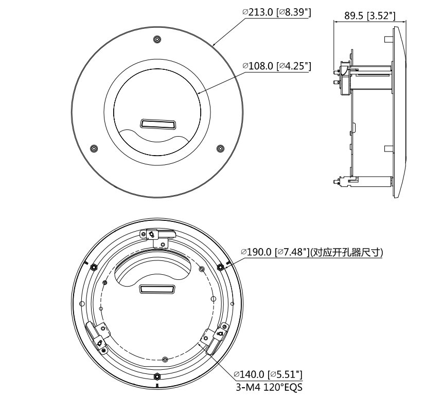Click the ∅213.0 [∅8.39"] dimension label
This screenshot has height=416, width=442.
point(277,13)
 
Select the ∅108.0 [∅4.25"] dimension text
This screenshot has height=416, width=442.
point(277,66)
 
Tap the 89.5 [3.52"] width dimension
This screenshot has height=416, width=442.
point(369,16)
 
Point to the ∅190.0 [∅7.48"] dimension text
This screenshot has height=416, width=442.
point(275,252)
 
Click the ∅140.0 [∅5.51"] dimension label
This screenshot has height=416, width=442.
point(269,374)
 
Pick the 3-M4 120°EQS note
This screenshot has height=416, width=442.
point(269,387)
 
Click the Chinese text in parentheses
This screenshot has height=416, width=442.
point(346,252)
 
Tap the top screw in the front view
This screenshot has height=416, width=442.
point(157,40)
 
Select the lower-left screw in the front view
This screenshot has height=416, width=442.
point(94,148)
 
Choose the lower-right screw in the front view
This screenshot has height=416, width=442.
point(220,148)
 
